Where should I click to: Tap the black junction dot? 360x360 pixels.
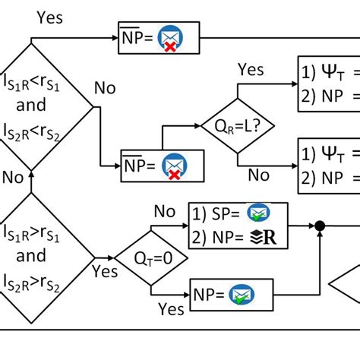pyautogui.click(x=321, y=226)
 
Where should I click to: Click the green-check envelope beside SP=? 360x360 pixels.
pyautogui.click(x=259, y=214)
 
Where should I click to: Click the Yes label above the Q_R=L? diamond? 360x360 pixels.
pyautogui.click(x=251, y=71)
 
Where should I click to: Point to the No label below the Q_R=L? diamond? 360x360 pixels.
pyautogui.click(x=259, y=175)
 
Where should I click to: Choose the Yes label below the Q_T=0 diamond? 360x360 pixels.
pyautogui.click(x=171, y=308)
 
